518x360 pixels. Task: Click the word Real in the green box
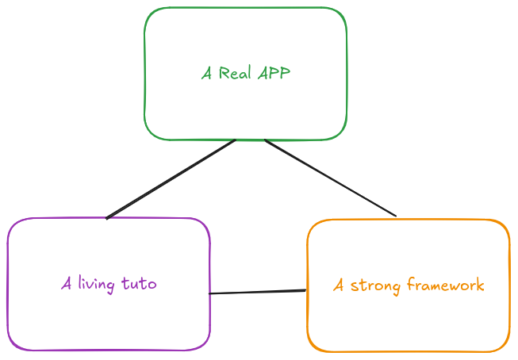[236, 74]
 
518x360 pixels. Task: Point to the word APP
[274, 74]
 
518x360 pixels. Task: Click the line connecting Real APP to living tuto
[171, 178]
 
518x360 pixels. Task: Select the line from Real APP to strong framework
[329, 178]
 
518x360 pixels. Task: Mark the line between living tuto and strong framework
[258, 293]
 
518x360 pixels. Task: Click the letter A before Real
[206, 74]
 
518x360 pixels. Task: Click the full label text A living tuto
[109, 284]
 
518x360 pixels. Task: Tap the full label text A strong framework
[408, 285]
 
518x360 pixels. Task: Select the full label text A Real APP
[245, 74]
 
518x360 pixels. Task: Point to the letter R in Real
[224, 74]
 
